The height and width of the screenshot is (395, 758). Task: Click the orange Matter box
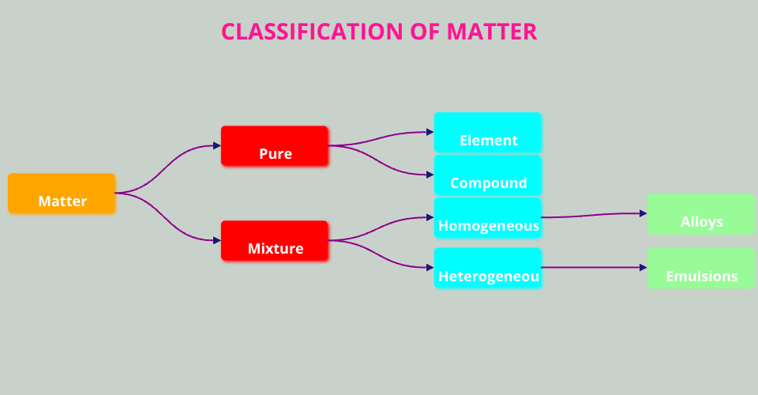pos(62,194)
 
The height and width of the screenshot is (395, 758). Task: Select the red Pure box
pos(275,146)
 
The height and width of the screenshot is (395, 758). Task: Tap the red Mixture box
pos(275,241)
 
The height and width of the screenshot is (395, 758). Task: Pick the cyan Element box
pos(488,133)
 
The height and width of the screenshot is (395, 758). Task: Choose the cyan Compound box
pos(488,175)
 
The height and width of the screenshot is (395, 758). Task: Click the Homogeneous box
pos(488,218)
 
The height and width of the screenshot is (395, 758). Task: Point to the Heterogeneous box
pos(488,269)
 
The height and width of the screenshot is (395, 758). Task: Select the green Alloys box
pos(701,215)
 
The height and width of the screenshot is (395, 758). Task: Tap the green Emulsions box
pos(701,269)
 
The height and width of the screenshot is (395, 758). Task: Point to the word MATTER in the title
pos(492,32)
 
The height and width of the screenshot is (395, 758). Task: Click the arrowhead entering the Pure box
pos(217,145)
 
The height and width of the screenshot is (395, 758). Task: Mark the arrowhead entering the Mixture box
pos(217,240)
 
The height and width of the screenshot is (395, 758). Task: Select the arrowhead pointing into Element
pos(430,133)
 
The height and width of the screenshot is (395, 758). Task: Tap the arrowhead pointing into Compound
pos(430,175)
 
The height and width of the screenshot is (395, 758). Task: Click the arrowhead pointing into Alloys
pos(644,213)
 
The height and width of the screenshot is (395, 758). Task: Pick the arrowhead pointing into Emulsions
pos(644,268)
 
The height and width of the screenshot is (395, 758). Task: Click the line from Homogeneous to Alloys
pos(592,215)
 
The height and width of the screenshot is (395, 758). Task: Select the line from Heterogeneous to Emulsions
pos(592,268)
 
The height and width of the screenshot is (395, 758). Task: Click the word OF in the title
pos(426,32)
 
